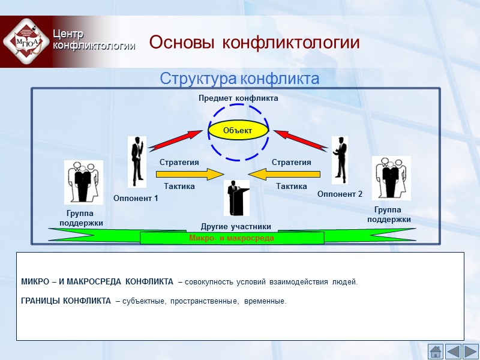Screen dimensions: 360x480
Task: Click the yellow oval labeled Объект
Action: pos(238,130)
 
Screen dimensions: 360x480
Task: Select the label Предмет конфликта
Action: pos(238,98)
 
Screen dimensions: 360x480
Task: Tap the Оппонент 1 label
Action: pos(136,199)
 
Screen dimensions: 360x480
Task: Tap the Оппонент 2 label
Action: pos(340,194)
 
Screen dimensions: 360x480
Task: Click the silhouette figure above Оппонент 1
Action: pos(137,161)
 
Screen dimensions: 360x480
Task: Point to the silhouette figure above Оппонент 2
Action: pos(340,160)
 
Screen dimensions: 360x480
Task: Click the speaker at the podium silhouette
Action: pos(236,198)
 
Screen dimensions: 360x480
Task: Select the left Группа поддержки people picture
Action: pos(83,182)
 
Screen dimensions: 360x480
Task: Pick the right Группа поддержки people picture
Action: pos(391,178)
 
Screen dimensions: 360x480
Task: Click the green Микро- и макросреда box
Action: pos(232,238)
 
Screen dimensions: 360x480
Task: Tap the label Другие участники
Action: pos(236,226)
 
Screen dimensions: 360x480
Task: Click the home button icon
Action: pos(436,351)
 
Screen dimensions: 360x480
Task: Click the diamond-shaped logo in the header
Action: pos(26,41)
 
